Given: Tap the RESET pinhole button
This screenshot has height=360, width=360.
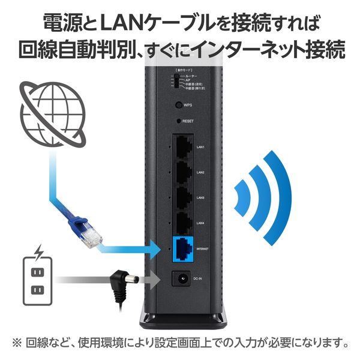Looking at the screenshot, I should coord(178,121).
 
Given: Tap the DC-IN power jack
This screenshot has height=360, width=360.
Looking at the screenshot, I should coord(179,278).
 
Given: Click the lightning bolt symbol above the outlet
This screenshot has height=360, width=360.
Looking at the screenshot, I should coord(40,250).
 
